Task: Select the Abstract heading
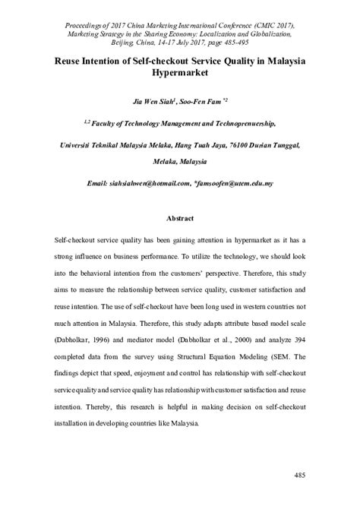[179, 217]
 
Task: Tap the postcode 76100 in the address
[236, 143]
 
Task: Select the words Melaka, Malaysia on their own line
[179, 163]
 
